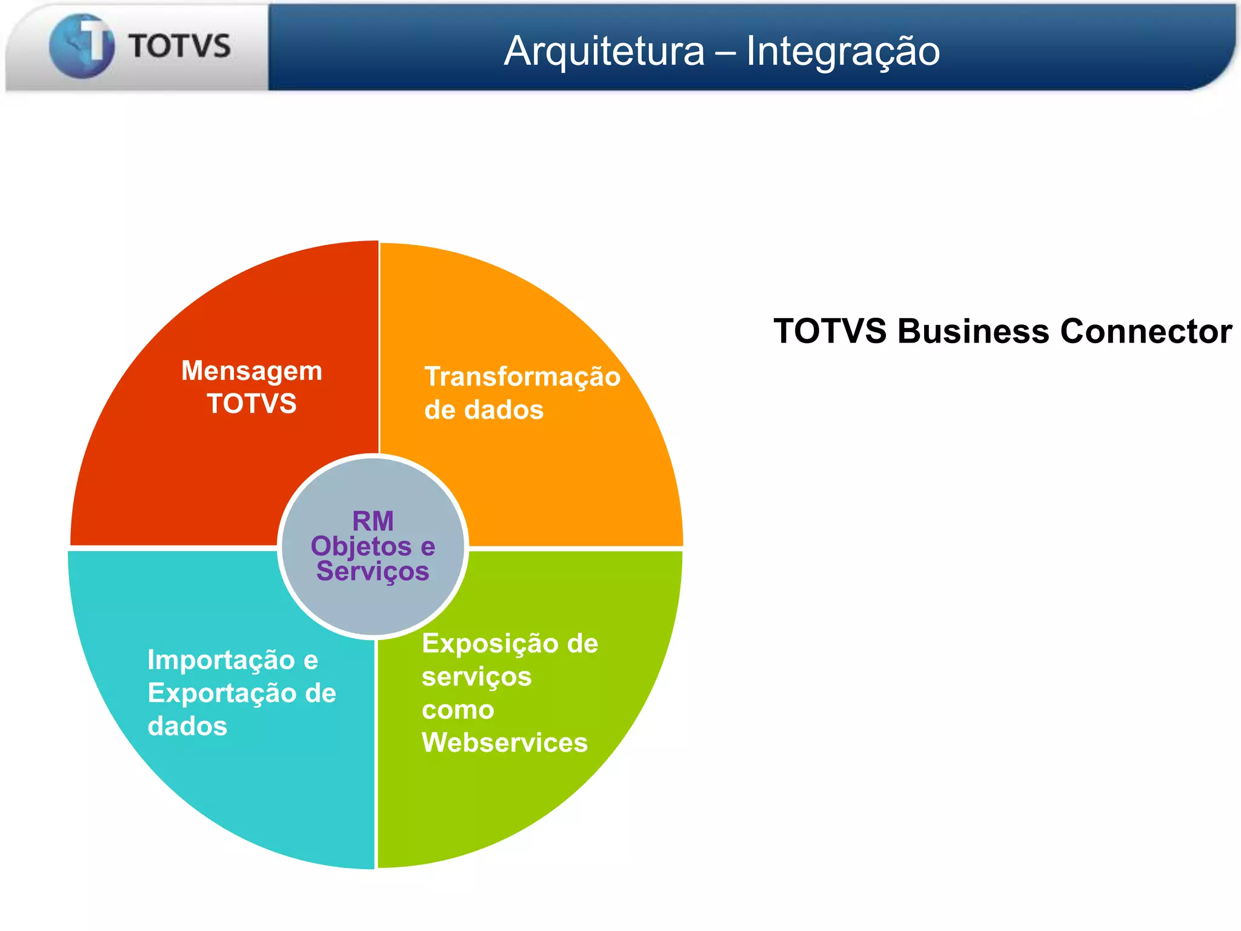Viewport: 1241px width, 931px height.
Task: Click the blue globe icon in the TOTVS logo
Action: coord(81,46)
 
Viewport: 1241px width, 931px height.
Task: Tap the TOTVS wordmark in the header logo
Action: coord(179,47)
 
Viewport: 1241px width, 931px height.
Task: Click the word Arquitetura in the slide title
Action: coord(604,51)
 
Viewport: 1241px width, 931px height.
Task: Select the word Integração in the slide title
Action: coord(843,51)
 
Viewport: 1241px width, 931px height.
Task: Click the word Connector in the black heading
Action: coord(1146,332)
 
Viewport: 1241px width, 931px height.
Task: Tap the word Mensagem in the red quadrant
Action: coord(251,371)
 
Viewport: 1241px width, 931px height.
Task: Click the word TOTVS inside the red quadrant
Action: coord(251,404)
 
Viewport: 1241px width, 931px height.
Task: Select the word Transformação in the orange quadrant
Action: coord(522,376)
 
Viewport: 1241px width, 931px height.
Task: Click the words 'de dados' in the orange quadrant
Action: coord(484,410)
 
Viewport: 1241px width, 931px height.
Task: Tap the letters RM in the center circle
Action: coord(373,521)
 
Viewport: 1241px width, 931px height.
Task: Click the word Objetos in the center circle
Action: coord(361,547)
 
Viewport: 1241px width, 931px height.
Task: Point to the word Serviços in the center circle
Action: coord(373,571)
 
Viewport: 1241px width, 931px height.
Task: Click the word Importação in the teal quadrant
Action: coord(221,660)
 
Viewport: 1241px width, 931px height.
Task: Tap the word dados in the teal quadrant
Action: coord(187,726)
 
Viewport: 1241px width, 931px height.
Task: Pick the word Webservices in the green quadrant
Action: coord(505,743)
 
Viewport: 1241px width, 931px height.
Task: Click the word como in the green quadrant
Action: coord(458,710)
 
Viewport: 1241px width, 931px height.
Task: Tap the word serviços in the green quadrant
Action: coord(476,677)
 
